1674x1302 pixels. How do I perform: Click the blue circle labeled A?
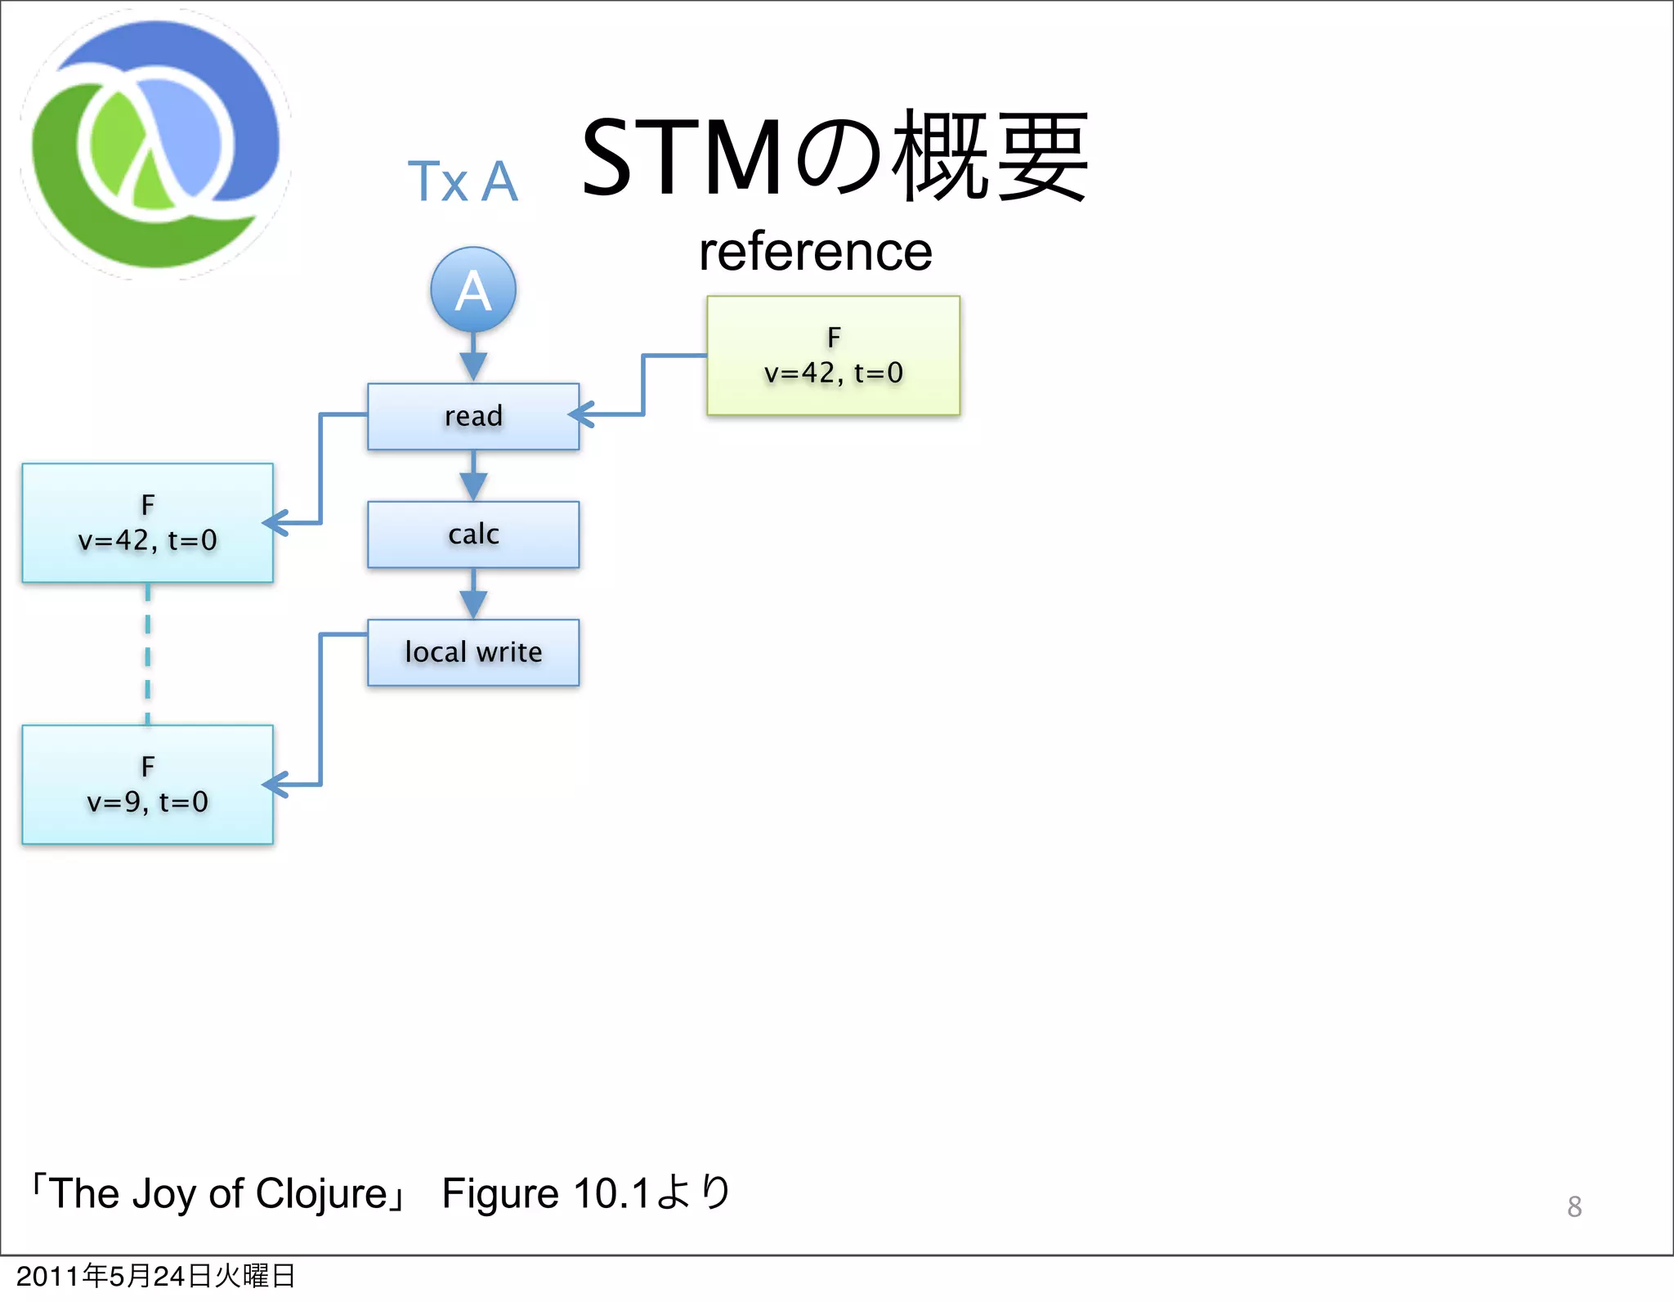tap(473, 289)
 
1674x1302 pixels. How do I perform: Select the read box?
tap(473, 416)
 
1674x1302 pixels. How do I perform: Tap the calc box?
tap(473, 535)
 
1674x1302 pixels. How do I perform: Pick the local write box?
tap(473, 652)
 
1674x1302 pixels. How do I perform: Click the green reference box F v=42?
tap(833, 356)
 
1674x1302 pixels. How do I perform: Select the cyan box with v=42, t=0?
tap(147, 523)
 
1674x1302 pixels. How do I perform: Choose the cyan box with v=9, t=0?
tap(147, 785)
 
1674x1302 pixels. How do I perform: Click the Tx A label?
tap(463, 181)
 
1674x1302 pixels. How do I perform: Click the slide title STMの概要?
tap(834, 157)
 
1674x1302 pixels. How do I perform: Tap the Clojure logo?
tap(155, 145)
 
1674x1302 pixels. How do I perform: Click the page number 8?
tap(1574, 1206)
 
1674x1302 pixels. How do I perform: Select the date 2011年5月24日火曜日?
tap(155, 1276)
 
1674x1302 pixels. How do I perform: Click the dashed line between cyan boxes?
tap(148, 654)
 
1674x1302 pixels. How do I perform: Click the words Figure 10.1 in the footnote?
tap(545, 1193)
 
